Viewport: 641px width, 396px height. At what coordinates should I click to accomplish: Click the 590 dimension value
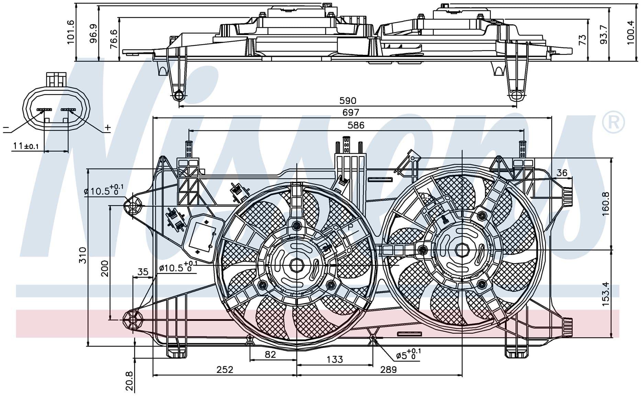[348, 101]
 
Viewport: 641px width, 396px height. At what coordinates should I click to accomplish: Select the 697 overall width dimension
[350, 112]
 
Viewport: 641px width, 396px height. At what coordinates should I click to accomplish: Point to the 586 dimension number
[356, 125]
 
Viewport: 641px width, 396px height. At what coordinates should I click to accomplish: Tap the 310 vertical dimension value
[83, 255]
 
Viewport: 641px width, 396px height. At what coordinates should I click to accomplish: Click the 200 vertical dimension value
[104, 268]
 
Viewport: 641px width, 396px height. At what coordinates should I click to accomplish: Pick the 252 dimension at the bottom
[225, 370]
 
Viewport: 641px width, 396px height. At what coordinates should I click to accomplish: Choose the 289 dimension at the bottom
[388, 370]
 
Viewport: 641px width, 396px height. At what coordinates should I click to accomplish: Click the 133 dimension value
[334, 359]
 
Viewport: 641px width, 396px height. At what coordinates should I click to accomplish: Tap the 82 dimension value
[270, 354]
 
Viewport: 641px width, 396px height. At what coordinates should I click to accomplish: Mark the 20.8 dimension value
[130, 381]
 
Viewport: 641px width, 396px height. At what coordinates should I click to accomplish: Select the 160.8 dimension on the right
[605, 203]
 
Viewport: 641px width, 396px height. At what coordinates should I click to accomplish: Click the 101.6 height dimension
[70, 32]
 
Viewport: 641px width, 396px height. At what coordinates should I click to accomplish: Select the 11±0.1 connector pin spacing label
[26, 146]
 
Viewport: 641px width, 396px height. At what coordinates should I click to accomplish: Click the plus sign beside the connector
[108, 128]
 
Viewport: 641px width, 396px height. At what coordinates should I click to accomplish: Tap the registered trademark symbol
[614, 123]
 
